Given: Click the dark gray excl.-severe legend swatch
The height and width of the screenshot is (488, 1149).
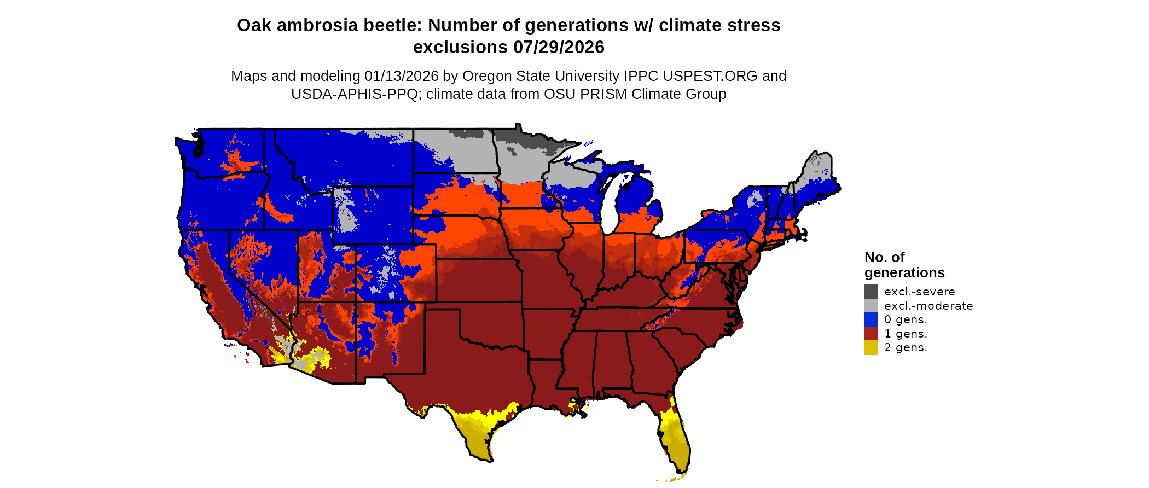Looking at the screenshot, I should tap(871, 292).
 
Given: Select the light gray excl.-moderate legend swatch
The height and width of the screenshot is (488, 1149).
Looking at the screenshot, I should tap(871, 306).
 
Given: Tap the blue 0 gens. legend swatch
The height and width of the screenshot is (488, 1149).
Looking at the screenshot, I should tap(871, 319).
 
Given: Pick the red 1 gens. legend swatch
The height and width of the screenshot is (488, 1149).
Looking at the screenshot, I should tap(871, 334).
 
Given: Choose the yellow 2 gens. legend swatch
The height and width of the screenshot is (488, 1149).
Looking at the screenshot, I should tap(871, 347).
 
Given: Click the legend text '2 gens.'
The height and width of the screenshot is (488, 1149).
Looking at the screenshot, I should tap(906, 347).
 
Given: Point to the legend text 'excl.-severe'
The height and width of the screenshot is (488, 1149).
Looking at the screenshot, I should tap(919, 292).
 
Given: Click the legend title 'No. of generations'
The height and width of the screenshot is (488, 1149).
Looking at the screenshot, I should tap(904, 265).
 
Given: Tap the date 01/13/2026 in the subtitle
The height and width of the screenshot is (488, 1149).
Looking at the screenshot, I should tap(402, 76).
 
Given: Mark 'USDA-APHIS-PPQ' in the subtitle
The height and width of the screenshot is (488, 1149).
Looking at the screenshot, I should tap(355, 94).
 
